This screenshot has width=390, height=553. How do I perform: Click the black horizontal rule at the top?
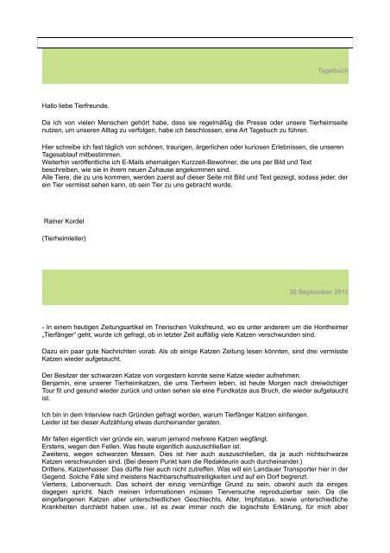pos(195,37)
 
